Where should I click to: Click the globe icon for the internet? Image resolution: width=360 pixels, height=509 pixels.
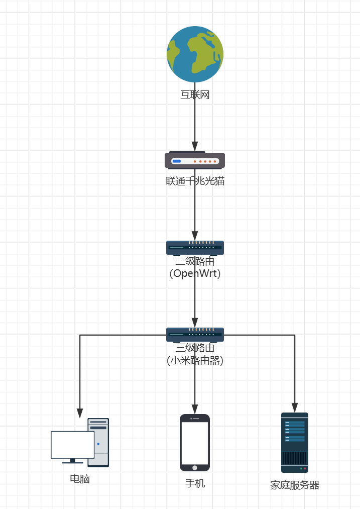195,54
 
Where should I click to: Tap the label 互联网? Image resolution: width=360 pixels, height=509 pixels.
195,94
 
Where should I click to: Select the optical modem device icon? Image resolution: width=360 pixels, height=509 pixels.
195,160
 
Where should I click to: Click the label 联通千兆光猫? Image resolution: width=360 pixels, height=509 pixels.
195,181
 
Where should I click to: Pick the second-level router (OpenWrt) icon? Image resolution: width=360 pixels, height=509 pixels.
195,247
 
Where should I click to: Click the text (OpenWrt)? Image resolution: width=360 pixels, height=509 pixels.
195,274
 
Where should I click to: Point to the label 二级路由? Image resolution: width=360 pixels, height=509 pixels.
195,261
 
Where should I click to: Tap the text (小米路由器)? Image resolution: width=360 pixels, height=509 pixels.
195,360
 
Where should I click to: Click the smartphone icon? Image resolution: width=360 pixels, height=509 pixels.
195,443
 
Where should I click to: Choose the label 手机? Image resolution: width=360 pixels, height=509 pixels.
195,483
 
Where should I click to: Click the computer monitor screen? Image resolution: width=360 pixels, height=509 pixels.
72,445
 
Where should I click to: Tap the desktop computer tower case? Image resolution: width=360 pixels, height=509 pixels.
99,442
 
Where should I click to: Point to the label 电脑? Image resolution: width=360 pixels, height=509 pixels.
80,479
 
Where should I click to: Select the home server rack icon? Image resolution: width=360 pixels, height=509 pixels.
295,443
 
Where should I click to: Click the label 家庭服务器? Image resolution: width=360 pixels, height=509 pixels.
295,485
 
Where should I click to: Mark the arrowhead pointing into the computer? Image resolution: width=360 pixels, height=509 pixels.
80,413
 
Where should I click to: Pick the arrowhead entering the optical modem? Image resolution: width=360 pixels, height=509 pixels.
195,146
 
